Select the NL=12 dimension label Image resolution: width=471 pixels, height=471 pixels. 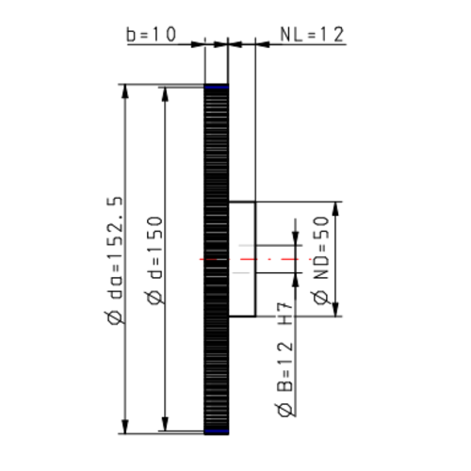(312, 34)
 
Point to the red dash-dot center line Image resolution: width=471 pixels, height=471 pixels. (254, 257)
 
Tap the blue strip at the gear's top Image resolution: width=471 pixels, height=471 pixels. (216, 88)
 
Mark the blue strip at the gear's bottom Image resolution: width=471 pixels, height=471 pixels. (216, 431)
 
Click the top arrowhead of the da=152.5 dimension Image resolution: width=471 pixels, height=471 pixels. (126, 90)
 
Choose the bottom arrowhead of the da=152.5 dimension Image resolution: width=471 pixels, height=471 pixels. (126, 429)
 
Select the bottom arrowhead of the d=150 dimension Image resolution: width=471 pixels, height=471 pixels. (166, 425)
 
